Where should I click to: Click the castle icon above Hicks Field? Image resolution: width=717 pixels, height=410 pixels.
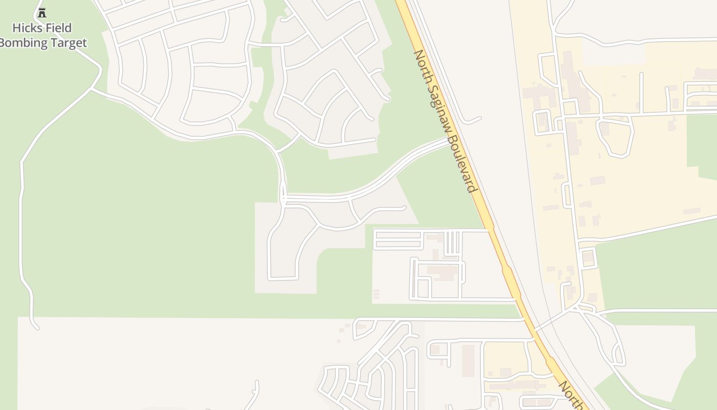point(42,12)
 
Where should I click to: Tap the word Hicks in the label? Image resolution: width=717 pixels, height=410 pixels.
point(26,28)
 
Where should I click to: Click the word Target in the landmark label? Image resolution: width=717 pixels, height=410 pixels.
point(68,43)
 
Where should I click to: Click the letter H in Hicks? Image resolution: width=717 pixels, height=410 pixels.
point(16,28)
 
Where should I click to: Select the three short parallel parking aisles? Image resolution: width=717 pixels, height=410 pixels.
point(452,243)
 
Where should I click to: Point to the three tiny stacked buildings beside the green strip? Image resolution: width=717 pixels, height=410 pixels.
point(376,294)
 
